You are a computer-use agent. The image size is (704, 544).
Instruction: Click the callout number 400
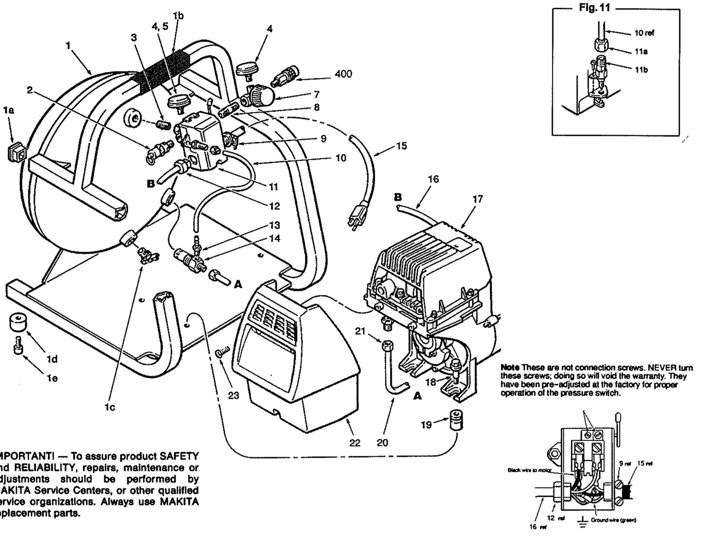(343, 74)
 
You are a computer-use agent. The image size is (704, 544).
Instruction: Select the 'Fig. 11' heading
(598, 8)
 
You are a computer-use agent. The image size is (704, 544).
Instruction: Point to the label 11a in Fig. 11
(641, 51)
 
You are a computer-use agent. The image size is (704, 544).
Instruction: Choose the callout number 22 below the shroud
(355, 443)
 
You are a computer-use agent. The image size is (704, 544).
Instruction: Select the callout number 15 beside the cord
(401, 146)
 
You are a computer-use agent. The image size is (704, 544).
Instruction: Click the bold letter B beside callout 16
(399, 197)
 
